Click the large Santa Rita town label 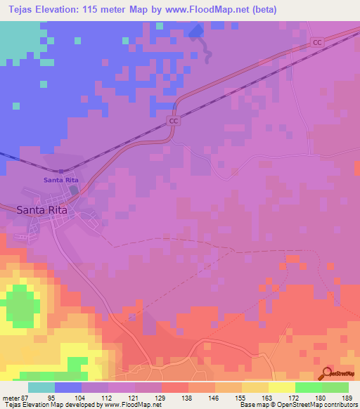[x=46, y=209]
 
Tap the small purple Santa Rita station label [x=60, y=180]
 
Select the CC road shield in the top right [x=317, y=43]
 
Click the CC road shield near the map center [x=173, y=121]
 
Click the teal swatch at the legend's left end [x=41, y=387]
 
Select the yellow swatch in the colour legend [x=282, y=387]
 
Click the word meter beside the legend [x=9, y=397]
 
